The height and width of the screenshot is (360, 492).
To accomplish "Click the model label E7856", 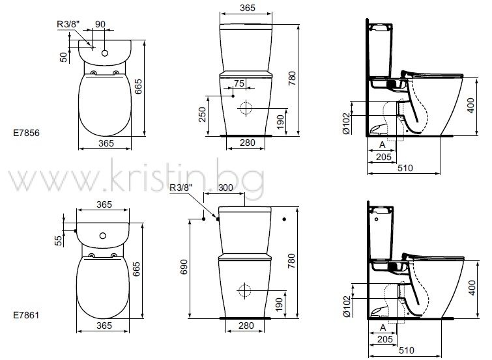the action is [26, 133].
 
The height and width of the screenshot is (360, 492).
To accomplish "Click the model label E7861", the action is [26, 315].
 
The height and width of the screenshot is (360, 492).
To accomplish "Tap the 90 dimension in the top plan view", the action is [100, 24].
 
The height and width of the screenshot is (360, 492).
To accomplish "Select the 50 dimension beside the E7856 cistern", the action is [64, 57].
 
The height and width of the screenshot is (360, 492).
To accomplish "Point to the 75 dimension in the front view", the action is [239, 83].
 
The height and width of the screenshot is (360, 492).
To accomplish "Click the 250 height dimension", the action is [203, 115].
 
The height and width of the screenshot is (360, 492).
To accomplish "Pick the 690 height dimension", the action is [184, 267].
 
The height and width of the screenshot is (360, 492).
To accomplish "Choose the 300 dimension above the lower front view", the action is [225, 188].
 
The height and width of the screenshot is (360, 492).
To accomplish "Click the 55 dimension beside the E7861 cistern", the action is [59, 241].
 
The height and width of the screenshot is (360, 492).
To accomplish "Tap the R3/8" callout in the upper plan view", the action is [68, 24].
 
